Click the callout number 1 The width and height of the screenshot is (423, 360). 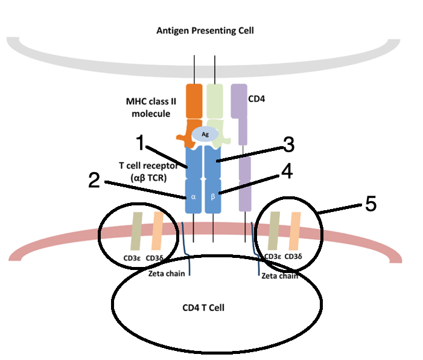pos(139,144)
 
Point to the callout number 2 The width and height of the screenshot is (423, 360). pos(93,180)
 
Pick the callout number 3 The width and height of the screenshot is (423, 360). pos(288,145)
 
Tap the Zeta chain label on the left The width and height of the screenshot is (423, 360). pos(166,273)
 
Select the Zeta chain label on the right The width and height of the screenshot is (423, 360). pos(279,275)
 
